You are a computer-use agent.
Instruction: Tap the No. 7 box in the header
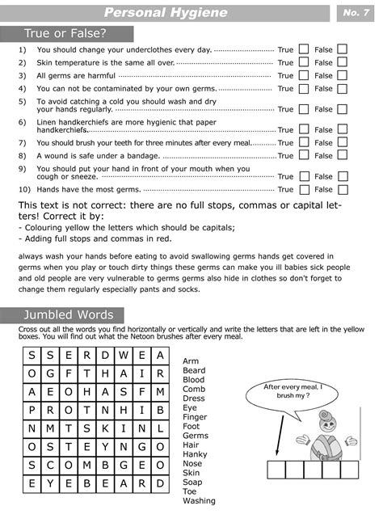[356, 13]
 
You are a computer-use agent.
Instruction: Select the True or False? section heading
[66, 33]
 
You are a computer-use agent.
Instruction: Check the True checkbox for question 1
[304, 50]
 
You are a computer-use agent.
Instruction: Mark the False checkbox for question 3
[342, 76]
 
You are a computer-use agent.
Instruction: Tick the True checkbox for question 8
[304, 155]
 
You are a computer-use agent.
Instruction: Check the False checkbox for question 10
[342, 189]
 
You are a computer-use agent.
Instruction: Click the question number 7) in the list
[23, 142]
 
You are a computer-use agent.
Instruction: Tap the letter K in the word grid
[105, 428]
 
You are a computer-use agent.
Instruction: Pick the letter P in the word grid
[32, 410]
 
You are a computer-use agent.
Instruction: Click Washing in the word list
[199, 500]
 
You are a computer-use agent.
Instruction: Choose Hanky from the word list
[195, 453]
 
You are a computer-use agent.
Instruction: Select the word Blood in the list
[194, 379]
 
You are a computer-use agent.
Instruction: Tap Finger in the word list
[195, 416]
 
